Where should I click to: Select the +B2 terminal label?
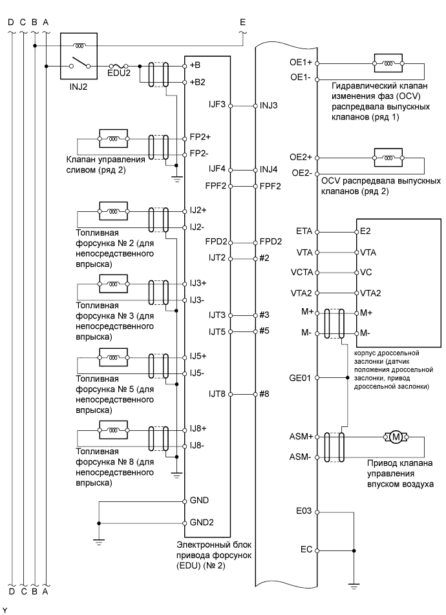(196, 83)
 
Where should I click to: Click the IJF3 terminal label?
(217, 105)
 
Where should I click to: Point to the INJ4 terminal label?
(269, 170)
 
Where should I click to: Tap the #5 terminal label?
(264, 331)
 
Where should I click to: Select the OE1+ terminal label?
(303, 63)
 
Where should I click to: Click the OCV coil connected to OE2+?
(388, 158)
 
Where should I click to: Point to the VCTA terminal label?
(302, 272)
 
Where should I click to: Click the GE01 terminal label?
(302, 377)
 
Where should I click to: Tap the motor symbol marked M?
(394, 437)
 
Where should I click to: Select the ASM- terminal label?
(302, 456)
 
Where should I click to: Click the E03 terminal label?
(304, 510)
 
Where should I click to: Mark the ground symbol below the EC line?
(354, 585)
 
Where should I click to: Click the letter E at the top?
(242, 23)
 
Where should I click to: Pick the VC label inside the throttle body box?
(366, 272)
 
